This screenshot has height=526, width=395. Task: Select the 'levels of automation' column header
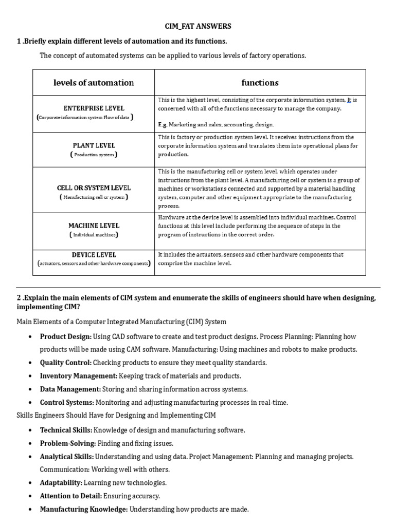click(x=94, y=83)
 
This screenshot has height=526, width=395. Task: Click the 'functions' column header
click(x=260, y=83)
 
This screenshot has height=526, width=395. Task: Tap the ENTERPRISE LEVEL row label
click(x=94, y=108)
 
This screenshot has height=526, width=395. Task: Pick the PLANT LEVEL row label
click(x=94, y=145)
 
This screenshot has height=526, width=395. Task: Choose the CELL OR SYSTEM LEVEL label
click(x=94, y=188)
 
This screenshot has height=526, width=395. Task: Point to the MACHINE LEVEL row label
click(x=94, y=226)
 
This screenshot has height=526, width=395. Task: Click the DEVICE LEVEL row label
click(x=94, y=255)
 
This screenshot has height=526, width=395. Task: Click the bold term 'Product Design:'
click(x=66, y=336)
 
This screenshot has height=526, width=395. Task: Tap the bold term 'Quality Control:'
click(x=66, y=363)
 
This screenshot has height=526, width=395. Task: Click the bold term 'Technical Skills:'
click(x=66, y=430)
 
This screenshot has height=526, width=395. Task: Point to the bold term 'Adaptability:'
click(x=61, y=483)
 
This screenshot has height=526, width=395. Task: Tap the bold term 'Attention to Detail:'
click(x=71, y=496)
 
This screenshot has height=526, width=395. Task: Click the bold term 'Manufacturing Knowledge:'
click(x=84, y=510)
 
